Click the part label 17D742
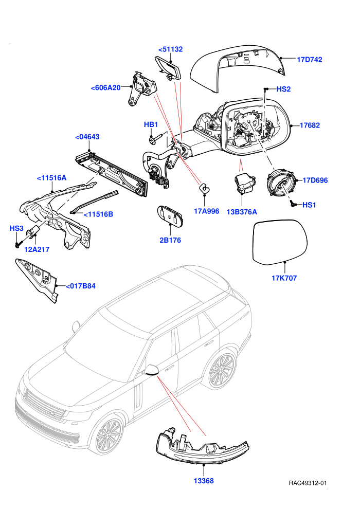point(310,60)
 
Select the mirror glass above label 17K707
point(280,241)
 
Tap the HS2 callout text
point(283,89)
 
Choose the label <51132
point(170,49)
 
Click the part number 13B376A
point(242,212)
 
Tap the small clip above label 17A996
point(204,188)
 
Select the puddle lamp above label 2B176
point(170,214)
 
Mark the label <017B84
point(81,286)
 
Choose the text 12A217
point(37,249)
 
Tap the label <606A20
point(106,87)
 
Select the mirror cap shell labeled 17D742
point(237,68)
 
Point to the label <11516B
point(98,214)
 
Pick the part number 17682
point(310,125)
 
